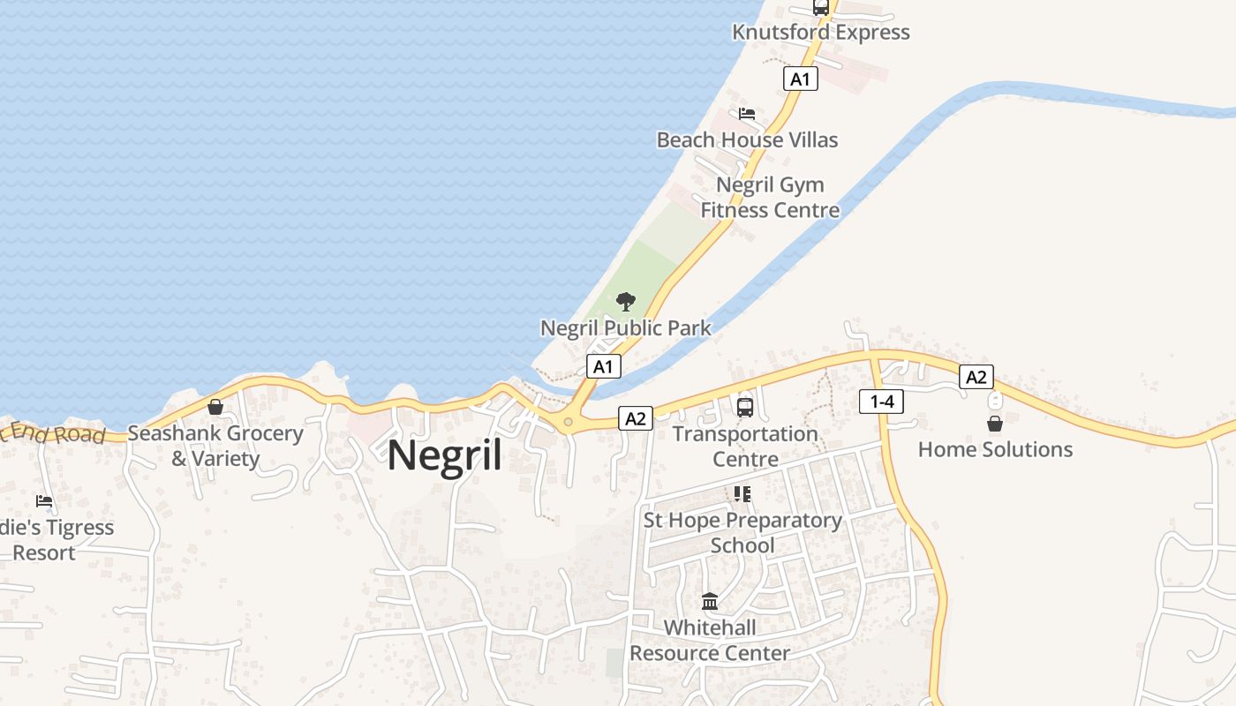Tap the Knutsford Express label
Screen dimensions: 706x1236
click(820, 33)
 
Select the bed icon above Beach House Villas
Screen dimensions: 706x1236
click(747, 114)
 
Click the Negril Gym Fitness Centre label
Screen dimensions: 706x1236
click(770, 198)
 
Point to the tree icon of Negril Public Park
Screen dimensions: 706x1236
click(625, 302)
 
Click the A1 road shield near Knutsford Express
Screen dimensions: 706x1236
click(800, 79)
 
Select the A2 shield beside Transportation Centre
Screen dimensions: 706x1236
click(636, 418)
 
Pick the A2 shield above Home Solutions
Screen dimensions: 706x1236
click(976, 377)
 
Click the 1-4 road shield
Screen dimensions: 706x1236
click(881, 402)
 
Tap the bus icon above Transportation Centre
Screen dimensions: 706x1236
click(745, 407)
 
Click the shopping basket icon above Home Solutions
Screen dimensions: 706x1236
click(995, 424)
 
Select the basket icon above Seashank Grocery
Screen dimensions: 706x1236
click(215, 407)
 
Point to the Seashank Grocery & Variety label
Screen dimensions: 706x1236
click(215, 446)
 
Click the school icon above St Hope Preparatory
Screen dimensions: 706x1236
click(742, 494)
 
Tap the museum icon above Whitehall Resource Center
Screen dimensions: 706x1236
click(710, 602)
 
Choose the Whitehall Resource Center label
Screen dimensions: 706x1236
click(710, 641)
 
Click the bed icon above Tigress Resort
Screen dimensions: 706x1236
click(44, 501)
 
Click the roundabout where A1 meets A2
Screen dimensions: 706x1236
click(568, 422)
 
